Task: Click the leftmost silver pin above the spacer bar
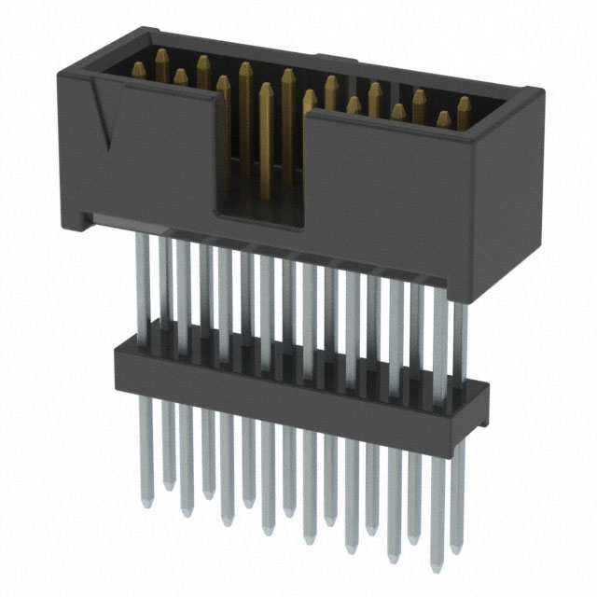pos(142,280)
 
